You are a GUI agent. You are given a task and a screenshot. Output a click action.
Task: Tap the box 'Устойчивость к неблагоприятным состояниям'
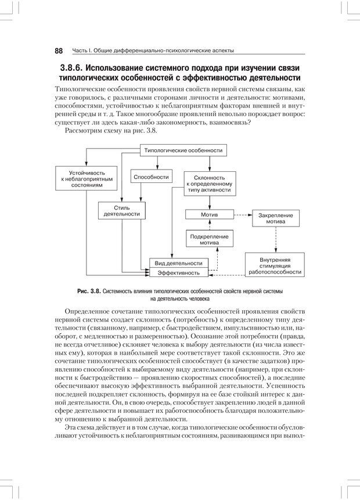(x=86, y=179)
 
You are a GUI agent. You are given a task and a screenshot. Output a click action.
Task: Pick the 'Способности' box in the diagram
(x=151, y=177)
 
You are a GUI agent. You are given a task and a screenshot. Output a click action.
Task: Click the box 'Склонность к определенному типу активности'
(x=209, y=185)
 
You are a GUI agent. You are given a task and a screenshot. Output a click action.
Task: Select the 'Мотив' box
(x=209, y=215)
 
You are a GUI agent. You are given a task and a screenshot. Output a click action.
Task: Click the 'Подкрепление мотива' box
(x=209, y=239)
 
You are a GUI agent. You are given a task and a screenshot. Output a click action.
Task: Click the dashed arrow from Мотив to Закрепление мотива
(x=242, y=215)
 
